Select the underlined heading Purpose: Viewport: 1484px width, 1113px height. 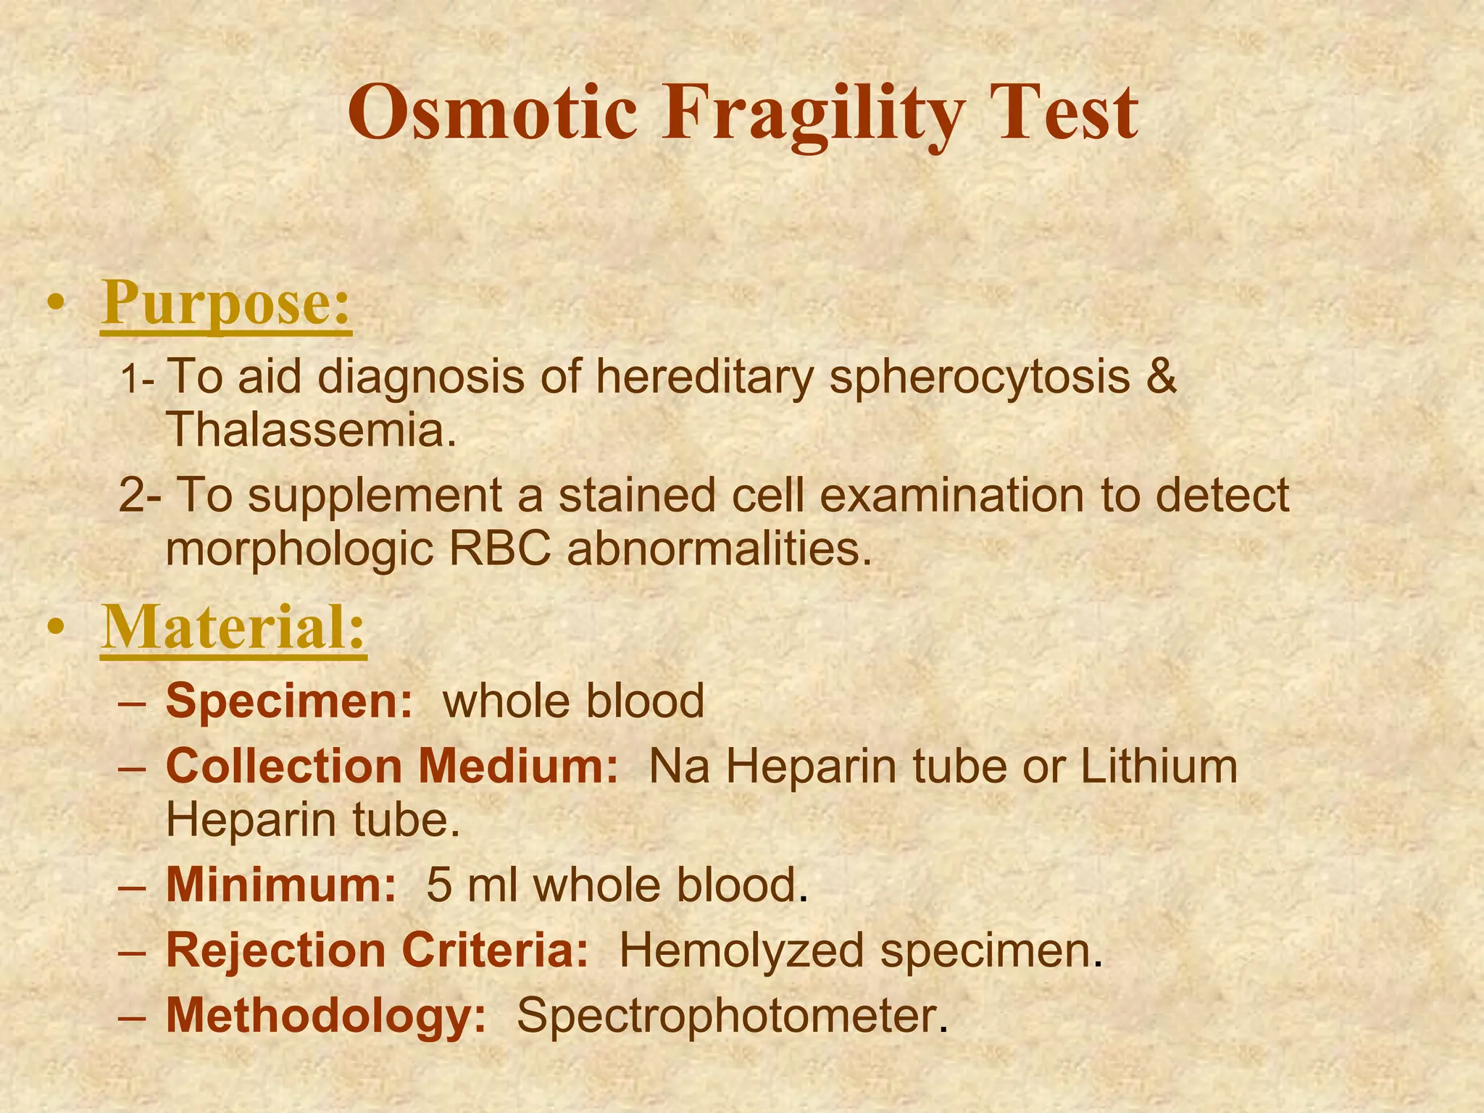pyautogui.click(x=226, y=304)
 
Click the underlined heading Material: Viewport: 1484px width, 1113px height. pyautogui.click(x=233, y=628)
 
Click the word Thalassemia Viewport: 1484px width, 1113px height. pyautogui.click(x=312, y=430)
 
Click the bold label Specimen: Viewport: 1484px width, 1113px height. pyautogui.click(x=289, y=701)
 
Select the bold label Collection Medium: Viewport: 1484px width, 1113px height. pyautogui.click(x=392, y=766)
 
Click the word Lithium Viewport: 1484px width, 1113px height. pyautogui.click(x=1159, y=766)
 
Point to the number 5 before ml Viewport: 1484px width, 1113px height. pyautogui.click(x=438, y=885)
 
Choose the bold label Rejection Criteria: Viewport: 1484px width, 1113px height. pyautogui.click(x=378, y=950)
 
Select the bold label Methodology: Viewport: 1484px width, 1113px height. pyautogui.click(x=326, y=1016)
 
